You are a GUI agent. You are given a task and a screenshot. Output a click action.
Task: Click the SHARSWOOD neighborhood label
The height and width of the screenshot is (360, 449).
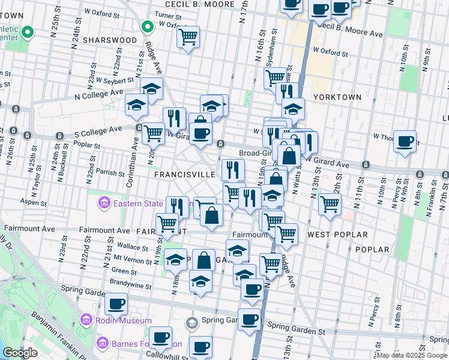pos(110,40)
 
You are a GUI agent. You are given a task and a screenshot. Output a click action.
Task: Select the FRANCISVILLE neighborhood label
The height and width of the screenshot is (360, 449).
pos(184,174)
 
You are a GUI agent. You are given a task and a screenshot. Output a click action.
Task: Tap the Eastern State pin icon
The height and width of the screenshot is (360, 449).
pos(105,204)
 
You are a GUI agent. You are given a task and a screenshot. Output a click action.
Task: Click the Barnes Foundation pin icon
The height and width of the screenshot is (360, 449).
pos(102,344)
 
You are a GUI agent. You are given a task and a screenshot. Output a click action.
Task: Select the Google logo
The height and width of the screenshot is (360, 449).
pos(20,353)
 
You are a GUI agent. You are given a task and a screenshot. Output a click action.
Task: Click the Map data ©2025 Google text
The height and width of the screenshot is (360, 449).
pos(411,355)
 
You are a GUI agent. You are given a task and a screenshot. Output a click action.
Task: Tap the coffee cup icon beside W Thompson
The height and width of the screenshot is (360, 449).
pos(406,141)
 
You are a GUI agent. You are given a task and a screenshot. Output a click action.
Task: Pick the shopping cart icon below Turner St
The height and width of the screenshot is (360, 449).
pos(188,37)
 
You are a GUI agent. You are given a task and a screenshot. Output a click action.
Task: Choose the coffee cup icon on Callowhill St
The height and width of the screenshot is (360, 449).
pos(160,337)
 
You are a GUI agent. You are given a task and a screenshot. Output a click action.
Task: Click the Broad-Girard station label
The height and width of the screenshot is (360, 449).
pos(256,153)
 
